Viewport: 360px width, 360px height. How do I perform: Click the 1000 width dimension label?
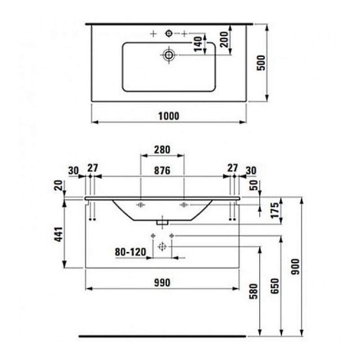click(169, 116)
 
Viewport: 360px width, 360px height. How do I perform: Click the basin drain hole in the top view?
click(168, 55)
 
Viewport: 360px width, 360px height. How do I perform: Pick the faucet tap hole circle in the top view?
click(169, 33)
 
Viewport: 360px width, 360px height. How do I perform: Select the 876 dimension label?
click(162, 170)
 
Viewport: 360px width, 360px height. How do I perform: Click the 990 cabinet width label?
click(162, 283)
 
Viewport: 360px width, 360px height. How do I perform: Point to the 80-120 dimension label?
click(130, 252)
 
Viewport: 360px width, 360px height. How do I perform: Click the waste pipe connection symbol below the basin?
click(162, 246)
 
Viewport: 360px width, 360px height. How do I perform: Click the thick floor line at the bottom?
click(162, 336)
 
